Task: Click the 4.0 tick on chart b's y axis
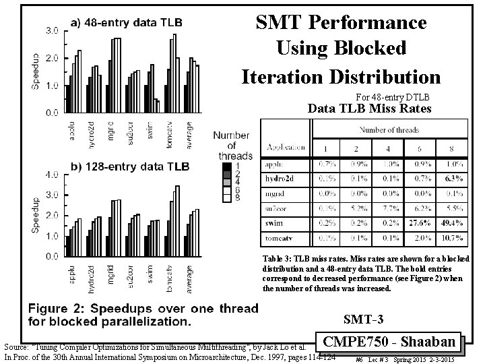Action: coord(51,175)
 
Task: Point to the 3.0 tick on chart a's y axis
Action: coord(51,31)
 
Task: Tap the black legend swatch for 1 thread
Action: coord(228,166)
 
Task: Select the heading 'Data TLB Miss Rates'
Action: coord(370,108)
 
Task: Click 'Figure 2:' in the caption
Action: coord(59,309)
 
